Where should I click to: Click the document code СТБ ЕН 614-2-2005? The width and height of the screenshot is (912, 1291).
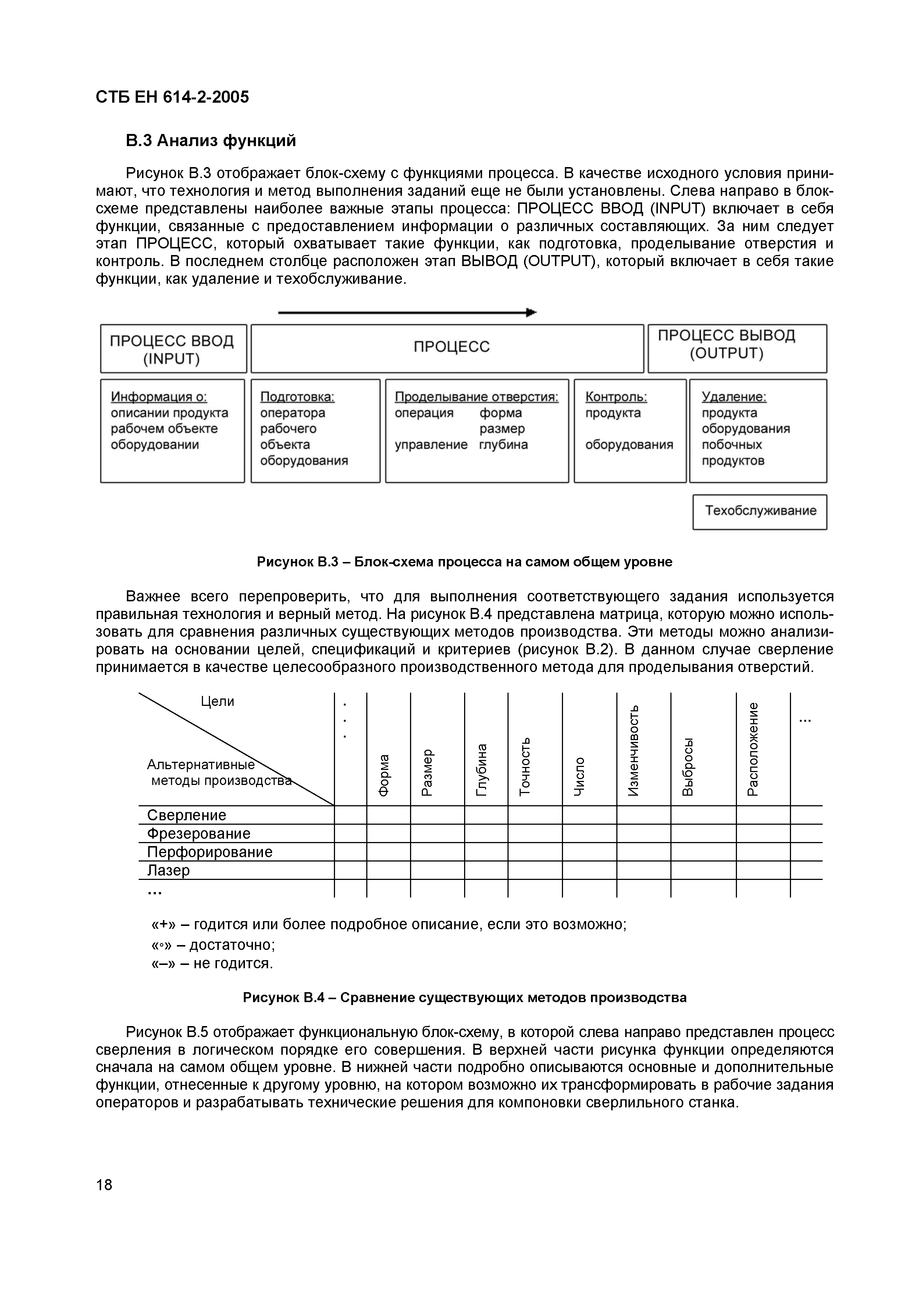click(x=172, y=97)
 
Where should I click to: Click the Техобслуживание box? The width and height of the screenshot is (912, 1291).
click(x=760, y=511)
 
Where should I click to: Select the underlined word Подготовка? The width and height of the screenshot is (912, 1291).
click(x=297, y=397)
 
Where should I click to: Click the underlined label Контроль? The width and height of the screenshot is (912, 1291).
click(x=616, y=397)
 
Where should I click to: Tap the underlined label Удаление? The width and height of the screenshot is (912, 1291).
click(x=734, y=397)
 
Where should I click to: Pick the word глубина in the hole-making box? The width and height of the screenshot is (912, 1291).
click(x=503, y=445)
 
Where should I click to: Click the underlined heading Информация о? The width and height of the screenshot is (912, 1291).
click(x=159, y=397)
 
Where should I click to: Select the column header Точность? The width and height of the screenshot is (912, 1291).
click(x=525, y=766)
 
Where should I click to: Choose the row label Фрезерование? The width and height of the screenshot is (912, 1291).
click(x=198, y=833)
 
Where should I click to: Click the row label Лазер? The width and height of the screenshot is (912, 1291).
click(x=168, y=870)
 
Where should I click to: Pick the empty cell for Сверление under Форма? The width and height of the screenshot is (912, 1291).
click(x=388, y=815)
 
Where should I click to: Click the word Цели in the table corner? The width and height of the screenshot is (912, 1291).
click(x=217, y=701)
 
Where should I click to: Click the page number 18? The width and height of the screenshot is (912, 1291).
click(x=104, y=1185)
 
